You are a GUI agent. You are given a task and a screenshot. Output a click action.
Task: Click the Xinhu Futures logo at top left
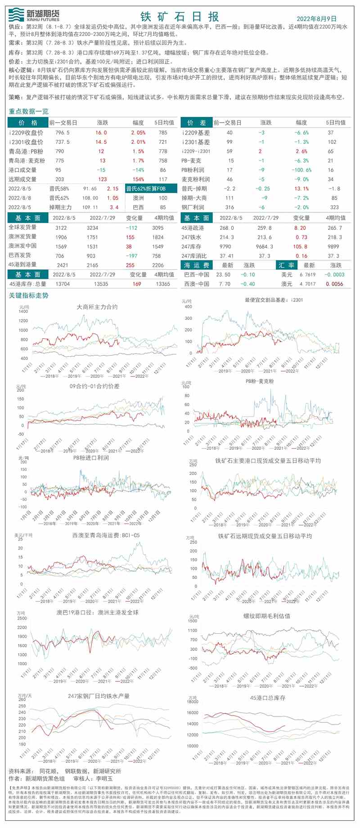(34, 15)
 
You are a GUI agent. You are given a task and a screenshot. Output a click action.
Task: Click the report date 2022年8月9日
(316, 18)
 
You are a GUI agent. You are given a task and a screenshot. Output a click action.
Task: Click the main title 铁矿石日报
(180, 17)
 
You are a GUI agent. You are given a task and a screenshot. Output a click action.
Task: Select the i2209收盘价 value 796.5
(62, 133)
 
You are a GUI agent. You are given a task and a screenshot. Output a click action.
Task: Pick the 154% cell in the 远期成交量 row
(138, 179)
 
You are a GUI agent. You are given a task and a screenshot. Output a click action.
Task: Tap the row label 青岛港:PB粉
(26, 152)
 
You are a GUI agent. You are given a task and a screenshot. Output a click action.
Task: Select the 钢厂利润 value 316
(229, 207)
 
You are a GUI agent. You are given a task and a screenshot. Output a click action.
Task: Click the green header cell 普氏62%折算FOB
(145, 189)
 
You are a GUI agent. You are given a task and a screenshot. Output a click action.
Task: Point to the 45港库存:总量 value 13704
(63, 284)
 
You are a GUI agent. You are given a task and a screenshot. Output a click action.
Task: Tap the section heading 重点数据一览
(29, 111)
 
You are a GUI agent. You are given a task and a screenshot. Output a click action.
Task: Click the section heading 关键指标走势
(29, 295)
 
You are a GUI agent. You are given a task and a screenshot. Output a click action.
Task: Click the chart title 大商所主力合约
(97, 307)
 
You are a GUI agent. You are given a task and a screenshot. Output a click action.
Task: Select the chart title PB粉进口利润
(91, 458)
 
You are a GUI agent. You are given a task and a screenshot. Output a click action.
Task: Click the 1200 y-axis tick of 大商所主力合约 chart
(23, 321)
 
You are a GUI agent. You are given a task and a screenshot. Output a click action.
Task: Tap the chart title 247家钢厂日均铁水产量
(99, 696)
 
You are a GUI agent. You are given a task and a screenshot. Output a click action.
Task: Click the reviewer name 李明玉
(104, 779)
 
